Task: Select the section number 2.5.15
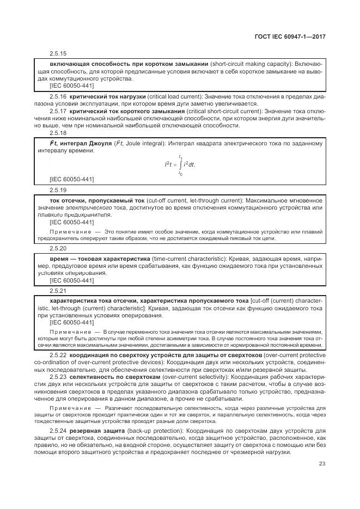click(x=58, y=54)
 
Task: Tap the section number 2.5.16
click(x=58, y=97)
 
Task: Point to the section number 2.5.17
click(x=58, y=112)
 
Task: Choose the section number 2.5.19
click(x=58, y=190)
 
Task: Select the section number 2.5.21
click(x=58, y=291)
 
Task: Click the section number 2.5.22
click(x=58, y=355)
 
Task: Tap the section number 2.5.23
click(x=58, y=376)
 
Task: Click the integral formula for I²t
click(x=180, y=164)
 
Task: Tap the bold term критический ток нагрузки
click(x=106, y=97)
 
